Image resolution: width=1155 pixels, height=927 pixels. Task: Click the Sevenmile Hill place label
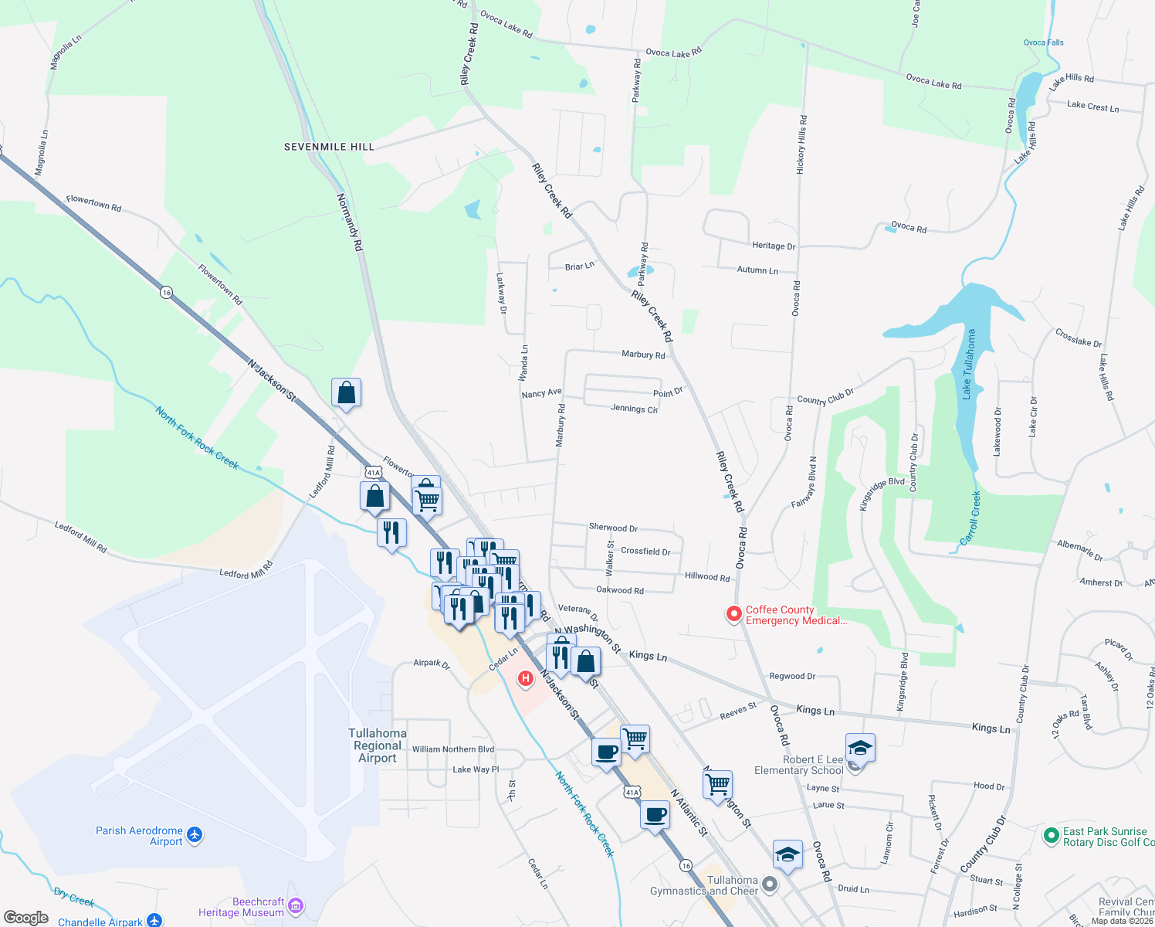pos(329,147)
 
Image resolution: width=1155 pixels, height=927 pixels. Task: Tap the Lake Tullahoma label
pos(969,365)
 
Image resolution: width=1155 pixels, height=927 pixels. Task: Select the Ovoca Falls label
pos(1043,42)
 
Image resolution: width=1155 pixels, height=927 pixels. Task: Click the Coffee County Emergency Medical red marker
pos(733,614)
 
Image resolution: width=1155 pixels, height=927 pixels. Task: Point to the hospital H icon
pos(526,678)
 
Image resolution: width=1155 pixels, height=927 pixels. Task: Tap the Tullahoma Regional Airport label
pos(378,745)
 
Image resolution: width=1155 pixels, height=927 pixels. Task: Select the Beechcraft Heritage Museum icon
pos(295,906)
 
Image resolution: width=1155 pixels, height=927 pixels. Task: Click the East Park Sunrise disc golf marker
pos(1050,835)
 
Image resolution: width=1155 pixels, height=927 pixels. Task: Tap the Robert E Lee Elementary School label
pos(798,765)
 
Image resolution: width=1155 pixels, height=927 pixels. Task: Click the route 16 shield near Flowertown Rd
pos(166,293)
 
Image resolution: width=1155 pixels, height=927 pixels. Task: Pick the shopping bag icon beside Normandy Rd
pos(347,393)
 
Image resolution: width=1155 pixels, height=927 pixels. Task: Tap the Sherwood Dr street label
pos(613,528)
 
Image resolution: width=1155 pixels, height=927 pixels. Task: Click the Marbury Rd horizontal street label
pos(643,355)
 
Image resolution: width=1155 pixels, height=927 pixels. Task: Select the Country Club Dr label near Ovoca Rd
pos(825,397)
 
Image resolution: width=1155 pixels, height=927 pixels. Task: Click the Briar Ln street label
pos(579,267)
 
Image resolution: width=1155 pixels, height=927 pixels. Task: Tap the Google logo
pos(26,918)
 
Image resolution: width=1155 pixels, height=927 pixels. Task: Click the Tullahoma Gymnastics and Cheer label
pos(704,885)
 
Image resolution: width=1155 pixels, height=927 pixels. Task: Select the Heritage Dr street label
pos(773,246)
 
